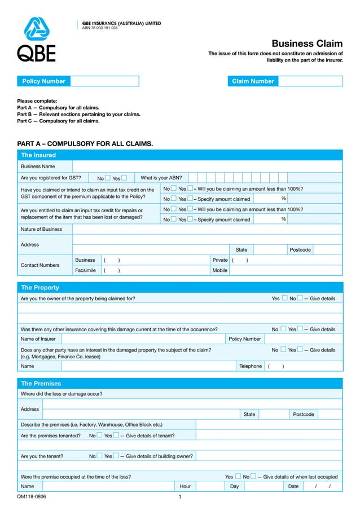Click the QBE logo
pyautogui.click(x=36, y=39)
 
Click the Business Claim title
pyautogui.click(x=307, y=43)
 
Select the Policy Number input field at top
pyautogui.click(x=104, y=81)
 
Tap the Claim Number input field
pyautogui.click(x=310, y=81)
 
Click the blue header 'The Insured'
pyautogui.click(x=38, y=155)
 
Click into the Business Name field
pyautogui.click(x=207, y=166)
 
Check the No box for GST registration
pyautogui.click(x=107, y=178)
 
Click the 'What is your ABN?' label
pyautogui.click(x=161, y=178)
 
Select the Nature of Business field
pyautogui.click(x=207, y=229)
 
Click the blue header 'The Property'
pyautogui.click(x=39, y=287)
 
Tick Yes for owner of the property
pyautogui.click(x=284, y=298)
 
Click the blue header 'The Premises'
pyautogui.click(x=41, y=383)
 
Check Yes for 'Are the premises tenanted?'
pyautogui.click(x=115, y=435)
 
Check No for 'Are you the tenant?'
pyautogui.click(x=99, y=456)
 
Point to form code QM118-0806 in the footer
pyautogui.click(x=32, y=497)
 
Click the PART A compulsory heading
pyautogui.click(x=85, y=144)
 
